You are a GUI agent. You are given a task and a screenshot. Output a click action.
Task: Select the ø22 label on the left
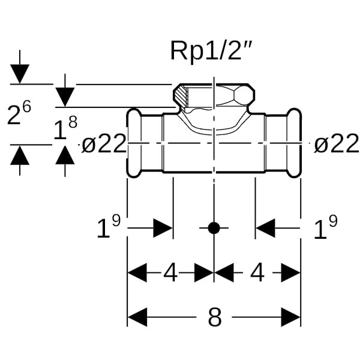click(104, 144)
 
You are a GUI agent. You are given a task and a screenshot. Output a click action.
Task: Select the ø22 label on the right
click(337, 144)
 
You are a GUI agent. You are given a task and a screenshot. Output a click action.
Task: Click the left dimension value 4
click(171, 274)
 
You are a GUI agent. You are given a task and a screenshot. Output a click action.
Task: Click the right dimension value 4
click(257, 274)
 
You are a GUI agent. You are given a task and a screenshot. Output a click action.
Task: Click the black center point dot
click(214, 228)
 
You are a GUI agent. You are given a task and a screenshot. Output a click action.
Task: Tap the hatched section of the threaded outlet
click(182, 95)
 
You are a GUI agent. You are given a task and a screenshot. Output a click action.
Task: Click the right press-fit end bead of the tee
click(294, 143)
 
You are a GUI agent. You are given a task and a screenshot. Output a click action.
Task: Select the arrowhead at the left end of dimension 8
click(137, 317)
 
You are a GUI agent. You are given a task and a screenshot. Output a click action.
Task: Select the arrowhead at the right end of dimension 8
click(291, 317)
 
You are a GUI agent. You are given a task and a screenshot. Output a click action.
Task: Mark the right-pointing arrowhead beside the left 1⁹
click(163, 228)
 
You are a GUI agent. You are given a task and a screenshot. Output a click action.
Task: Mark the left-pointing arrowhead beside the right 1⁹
click(265, 228)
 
